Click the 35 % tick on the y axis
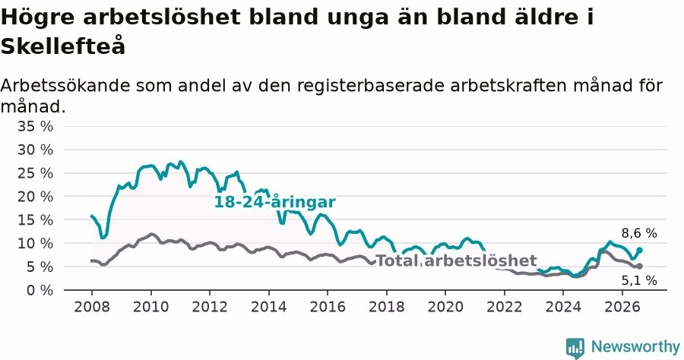point(35,126)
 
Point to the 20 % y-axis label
point(35,197)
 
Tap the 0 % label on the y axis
point(40,290)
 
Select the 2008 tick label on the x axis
point(92,307)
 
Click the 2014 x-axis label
point(269,307)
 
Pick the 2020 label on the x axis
point(445,307)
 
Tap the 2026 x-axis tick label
point(622,307)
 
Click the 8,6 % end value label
point(639,234)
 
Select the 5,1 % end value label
point(639,281)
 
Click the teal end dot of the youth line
point(639,250)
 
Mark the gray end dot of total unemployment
point(639,267)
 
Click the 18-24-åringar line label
point(275,202)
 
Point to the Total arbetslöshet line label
point(456,261)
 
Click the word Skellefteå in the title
point(63,46)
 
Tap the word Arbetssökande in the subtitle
point(65,85)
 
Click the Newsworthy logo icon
point(575,348)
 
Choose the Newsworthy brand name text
point(635,347)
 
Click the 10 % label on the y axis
point(35,244)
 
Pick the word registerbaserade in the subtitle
point(371,85)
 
